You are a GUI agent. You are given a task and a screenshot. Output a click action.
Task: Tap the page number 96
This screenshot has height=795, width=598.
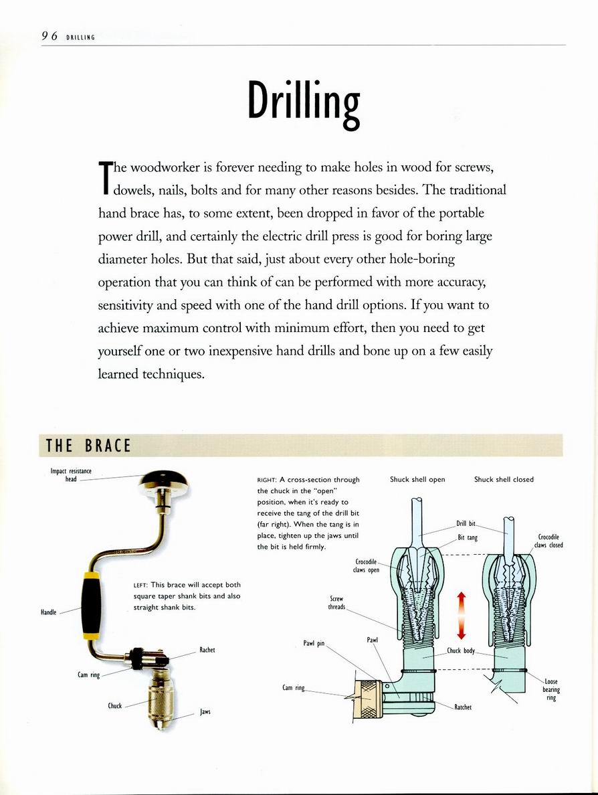click(49, 36)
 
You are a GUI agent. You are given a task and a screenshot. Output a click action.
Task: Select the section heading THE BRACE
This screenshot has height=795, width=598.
click(88, 446)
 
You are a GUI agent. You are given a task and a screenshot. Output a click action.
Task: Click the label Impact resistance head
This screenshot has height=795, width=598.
click(71, 475)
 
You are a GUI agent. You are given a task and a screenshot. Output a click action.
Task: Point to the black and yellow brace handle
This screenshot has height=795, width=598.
click(91, 606)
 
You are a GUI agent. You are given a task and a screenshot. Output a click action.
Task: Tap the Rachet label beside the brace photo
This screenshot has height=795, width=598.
click(207, 650)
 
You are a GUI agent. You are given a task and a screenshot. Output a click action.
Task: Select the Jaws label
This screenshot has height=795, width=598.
click(205, 711)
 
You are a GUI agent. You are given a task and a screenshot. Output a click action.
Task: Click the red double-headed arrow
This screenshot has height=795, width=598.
click(461, 615)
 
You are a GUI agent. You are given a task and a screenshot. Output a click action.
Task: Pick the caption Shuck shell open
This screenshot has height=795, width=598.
click(417, 479)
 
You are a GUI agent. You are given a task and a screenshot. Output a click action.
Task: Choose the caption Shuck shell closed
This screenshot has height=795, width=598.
click(504, 479)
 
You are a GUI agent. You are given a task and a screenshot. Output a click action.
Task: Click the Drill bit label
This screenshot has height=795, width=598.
click(466, 523)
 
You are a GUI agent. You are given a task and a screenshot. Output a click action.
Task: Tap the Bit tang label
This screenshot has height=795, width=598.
click(467, 537)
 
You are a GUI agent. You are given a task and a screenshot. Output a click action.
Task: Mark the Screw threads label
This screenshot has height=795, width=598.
click(336, 603)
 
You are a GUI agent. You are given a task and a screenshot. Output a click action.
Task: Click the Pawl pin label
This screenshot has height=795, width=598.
click(314, 644)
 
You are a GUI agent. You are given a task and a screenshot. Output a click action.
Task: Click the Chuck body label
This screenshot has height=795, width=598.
click(461, 650)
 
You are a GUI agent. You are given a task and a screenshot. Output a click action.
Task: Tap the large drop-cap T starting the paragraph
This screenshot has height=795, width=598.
click(104, 177)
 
